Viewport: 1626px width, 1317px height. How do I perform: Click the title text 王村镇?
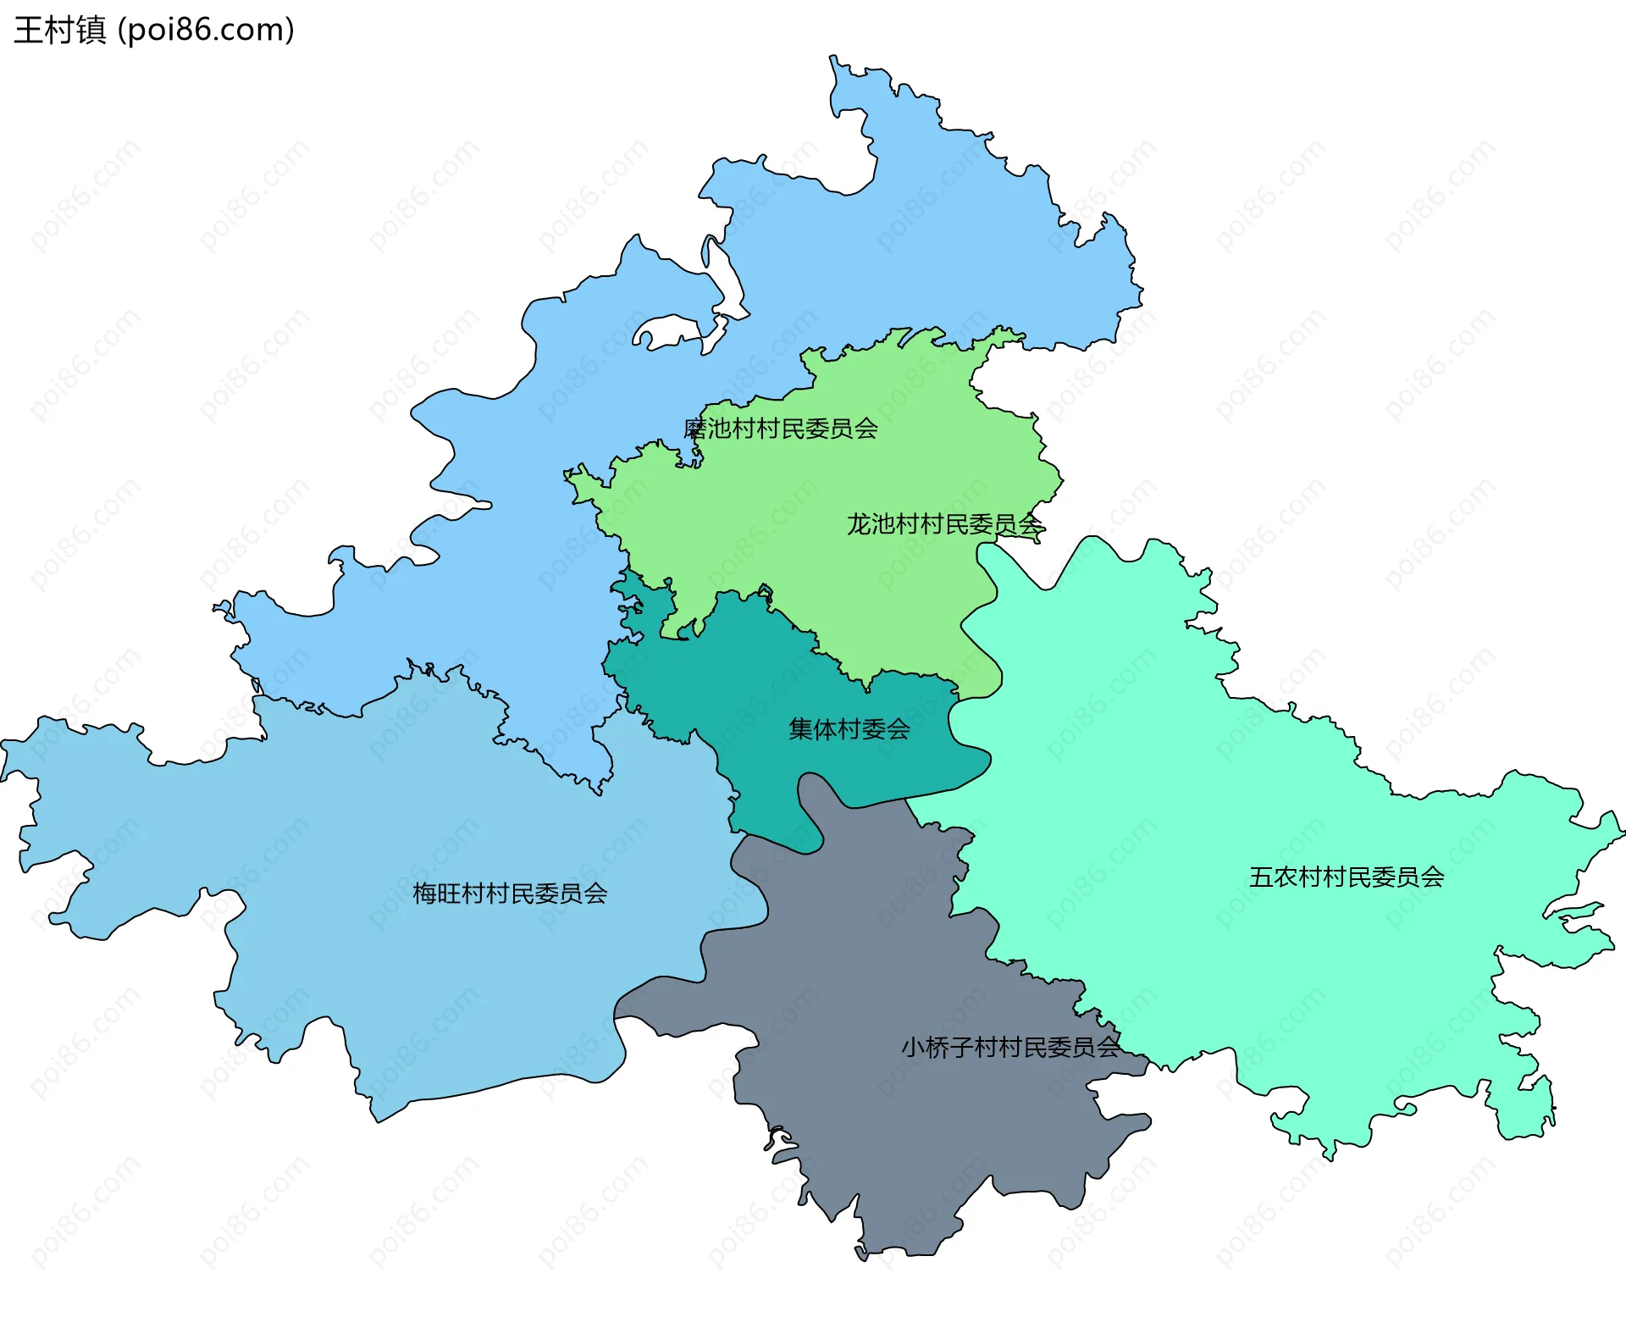59,30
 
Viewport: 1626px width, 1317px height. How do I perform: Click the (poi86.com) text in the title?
206,30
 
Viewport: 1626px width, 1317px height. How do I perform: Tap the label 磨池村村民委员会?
780,429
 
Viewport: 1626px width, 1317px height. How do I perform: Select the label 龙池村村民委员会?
944,524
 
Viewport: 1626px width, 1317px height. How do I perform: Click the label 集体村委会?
849,729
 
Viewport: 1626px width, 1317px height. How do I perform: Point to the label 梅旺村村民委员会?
510,894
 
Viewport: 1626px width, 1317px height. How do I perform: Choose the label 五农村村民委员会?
1347,877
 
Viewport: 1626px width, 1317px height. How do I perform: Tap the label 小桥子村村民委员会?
1009,1048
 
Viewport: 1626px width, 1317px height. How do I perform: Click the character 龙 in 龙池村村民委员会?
859,524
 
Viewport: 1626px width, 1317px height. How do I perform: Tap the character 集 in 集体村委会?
800,729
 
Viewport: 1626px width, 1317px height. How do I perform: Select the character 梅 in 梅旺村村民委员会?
424,894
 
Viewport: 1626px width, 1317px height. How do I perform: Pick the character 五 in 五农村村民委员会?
1261,877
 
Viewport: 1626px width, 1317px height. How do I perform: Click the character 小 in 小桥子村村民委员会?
913,1048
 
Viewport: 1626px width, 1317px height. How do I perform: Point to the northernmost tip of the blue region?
832,57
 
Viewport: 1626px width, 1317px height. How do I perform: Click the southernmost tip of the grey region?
861,1259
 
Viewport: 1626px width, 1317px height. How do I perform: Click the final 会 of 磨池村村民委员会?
866,429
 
